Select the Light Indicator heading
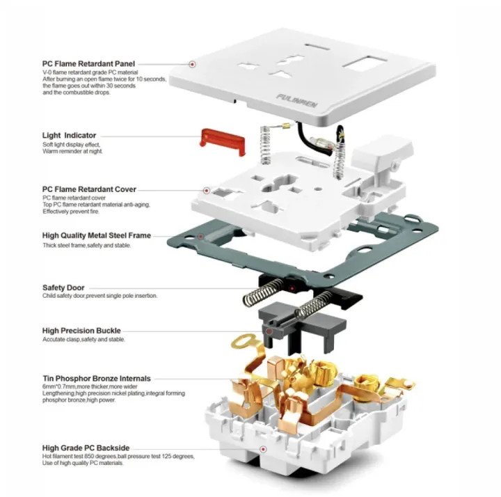[69, 135]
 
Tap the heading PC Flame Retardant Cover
[89, 189]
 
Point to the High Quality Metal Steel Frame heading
[96, 236]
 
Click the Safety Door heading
[65, 287]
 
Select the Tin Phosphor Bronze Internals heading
[97, 379]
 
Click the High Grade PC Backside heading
[86, 448]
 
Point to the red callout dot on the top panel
[191, 64]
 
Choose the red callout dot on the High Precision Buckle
[267, 332]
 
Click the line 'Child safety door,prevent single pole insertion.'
[100, 296]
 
